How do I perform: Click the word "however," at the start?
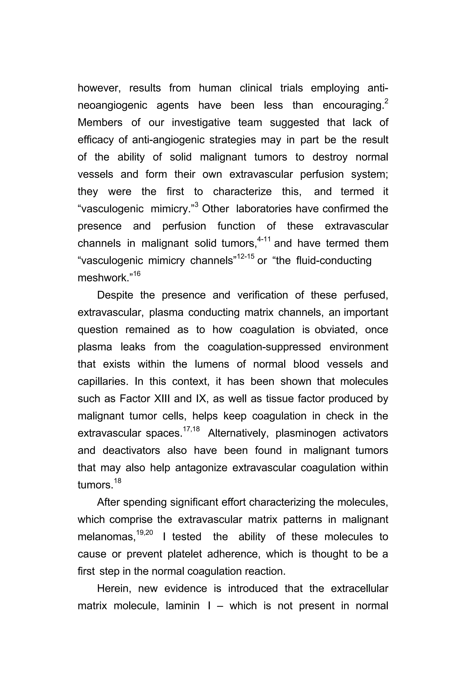tap(99, 88)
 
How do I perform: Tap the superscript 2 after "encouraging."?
tap(386, 101)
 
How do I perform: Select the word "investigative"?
tap(201, 123)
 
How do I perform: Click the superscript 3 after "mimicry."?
tap(196, 205)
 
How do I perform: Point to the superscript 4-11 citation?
tap(264, 239)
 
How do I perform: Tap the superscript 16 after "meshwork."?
tap(137, 274)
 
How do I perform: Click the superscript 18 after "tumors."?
tap(117, 481)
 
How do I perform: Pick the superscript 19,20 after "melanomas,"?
tap(144, 533)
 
